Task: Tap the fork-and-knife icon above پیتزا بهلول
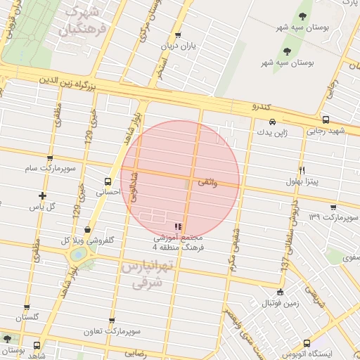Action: coord(302,170)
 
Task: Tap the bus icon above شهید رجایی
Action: coord(326,120)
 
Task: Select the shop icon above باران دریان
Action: coord(177,35)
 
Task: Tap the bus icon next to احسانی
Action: coord(108,180)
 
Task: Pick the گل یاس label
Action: coord(42,207)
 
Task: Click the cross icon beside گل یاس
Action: coord(43,195)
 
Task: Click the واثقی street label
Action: coord(207,182)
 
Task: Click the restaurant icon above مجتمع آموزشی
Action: coord(179,226)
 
